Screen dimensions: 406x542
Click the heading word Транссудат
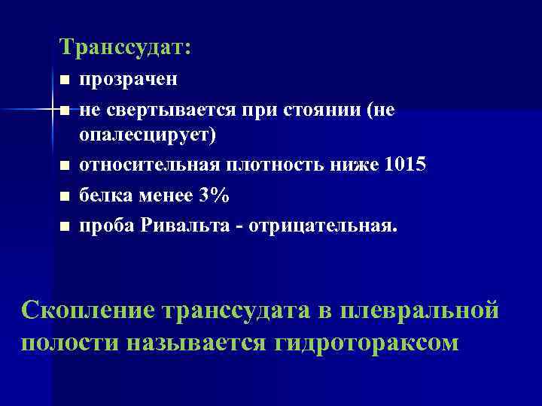coord(125,48)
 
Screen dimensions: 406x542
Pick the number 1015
coord(405,164)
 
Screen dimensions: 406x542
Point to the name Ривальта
coord(179,225)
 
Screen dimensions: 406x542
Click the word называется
coord(196,342)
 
